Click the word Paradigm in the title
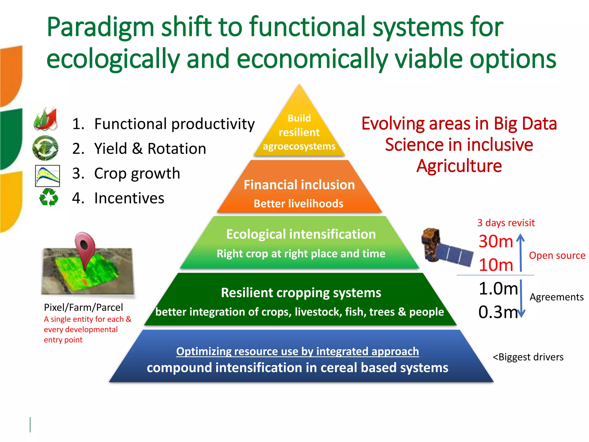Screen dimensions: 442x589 click(100, 28)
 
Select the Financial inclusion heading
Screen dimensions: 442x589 click(299, 185)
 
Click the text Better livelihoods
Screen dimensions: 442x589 click(298, 204)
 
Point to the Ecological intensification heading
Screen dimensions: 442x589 click(301, 234)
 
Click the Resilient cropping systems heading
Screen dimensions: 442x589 click(301, 293)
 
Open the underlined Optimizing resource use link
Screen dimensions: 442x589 click(297, 351)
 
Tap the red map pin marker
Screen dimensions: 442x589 click(85, 247)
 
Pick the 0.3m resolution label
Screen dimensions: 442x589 click(498, 312)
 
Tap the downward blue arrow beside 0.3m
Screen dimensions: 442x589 click(521, 299)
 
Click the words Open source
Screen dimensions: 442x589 click(557, 255)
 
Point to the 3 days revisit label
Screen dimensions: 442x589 click(506, 223)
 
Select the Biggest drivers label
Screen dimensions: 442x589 click(528, 357)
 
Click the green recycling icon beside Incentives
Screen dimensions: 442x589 click(48, 197)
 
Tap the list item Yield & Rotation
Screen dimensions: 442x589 click(139, 149)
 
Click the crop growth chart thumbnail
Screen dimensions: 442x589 click(47, 176)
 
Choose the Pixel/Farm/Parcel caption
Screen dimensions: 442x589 click(83, 307)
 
